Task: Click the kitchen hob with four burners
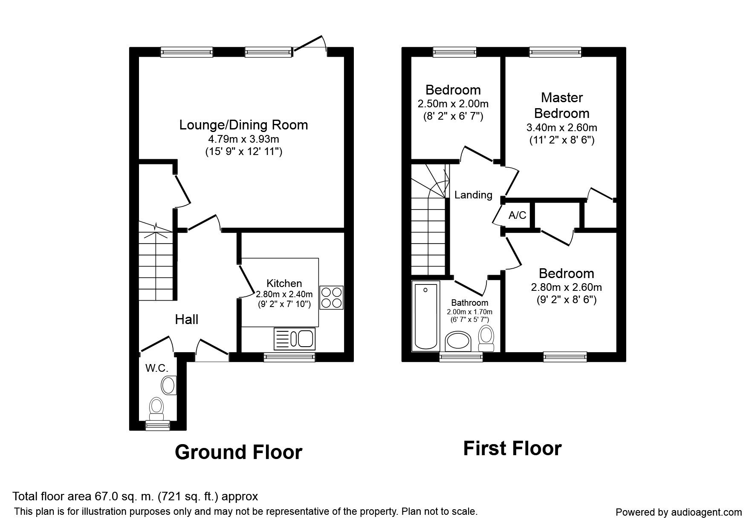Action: [331, 297]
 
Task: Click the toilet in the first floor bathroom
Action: [486, 338]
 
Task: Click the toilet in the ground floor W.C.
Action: [156, 408]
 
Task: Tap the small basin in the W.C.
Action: [169, 385]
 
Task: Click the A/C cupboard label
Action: [518, 215]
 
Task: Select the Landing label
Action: [473, 195]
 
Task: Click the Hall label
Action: [187, 319]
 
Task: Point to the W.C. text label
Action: [157, 368]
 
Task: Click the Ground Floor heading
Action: [238, 452]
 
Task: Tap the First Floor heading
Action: [512, 448]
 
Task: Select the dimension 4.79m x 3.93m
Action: [243, 139]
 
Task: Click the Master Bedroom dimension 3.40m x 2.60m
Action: [561, 128]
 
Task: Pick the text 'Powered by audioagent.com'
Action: [679, 512]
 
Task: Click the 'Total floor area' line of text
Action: [135, 496]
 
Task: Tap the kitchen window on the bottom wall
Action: [289, 357]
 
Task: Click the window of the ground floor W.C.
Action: [157, 425]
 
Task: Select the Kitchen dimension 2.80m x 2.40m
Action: [284, 294]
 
